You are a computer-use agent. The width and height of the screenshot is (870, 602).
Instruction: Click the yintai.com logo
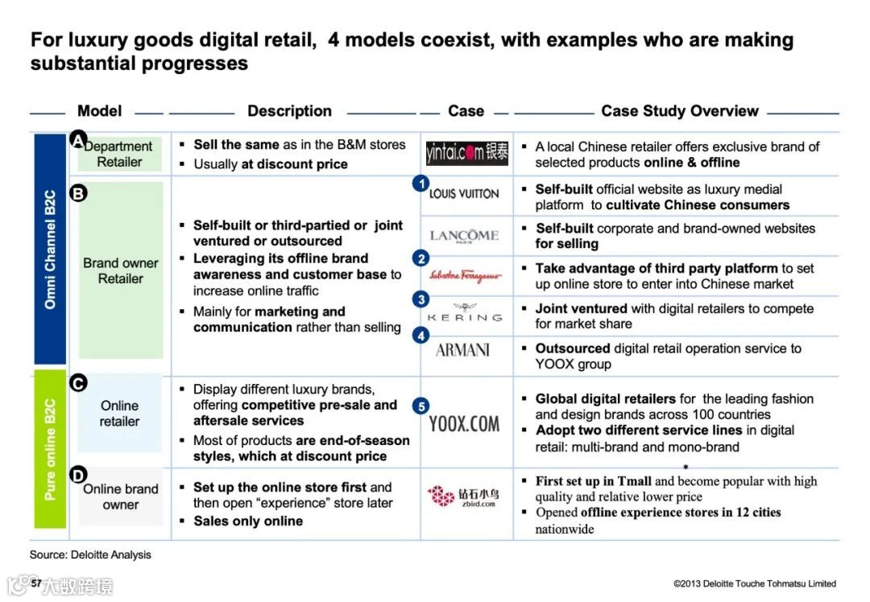point(466,152)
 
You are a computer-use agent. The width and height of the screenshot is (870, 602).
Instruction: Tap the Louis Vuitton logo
point(464,193)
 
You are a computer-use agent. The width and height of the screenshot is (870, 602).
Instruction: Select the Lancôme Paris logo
point(464,235)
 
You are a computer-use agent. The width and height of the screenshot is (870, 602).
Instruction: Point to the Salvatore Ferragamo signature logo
point(465,276)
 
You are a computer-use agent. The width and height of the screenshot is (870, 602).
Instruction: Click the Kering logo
point(464,314)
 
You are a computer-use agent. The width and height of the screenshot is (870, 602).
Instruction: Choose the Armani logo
point(462,350)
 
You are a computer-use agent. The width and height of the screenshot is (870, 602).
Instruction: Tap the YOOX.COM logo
point(464,423)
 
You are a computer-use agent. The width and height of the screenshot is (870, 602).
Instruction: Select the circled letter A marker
point(78,140)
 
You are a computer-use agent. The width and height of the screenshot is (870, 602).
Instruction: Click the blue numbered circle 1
point(420,183)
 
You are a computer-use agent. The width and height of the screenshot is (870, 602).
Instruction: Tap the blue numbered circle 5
point(420,406)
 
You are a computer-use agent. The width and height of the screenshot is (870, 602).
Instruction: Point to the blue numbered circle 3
point(420,299)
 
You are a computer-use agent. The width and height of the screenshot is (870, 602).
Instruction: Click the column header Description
point(289,111)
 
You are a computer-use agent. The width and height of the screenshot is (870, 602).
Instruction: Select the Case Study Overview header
point(679,111)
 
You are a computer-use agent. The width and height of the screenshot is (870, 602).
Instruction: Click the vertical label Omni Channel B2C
point(50,249)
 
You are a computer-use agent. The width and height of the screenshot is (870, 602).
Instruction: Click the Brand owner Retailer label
point(121,271)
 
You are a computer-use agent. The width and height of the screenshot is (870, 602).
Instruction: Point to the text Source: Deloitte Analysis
point(90,555)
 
